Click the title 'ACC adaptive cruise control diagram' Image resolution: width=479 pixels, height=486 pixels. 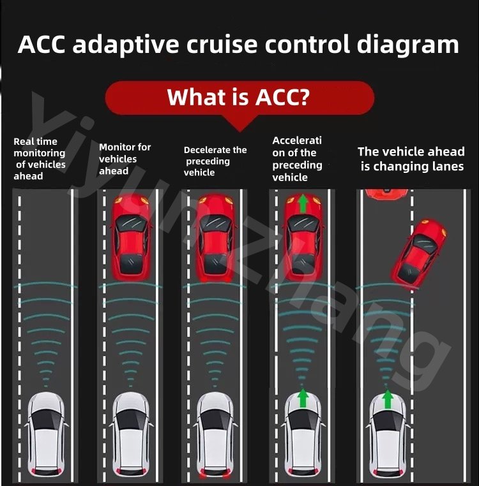coord(238,45)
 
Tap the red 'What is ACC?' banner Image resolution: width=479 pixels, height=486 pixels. coord(239,97)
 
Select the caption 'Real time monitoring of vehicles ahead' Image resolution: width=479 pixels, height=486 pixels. coord(40,159)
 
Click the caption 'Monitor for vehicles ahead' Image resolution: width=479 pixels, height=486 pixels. coord(125,159)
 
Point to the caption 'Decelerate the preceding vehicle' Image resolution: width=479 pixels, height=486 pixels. coord(215,161)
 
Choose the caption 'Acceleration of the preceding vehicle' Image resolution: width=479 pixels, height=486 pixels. coord(298,159)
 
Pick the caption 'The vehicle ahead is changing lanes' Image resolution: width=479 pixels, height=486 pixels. coord(411,159)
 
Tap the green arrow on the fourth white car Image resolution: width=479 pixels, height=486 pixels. coord(303,398)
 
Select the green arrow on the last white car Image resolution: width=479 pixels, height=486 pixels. coord(387,399)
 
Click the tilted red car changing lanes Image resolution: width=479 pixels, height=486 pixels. coord(419,253)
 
